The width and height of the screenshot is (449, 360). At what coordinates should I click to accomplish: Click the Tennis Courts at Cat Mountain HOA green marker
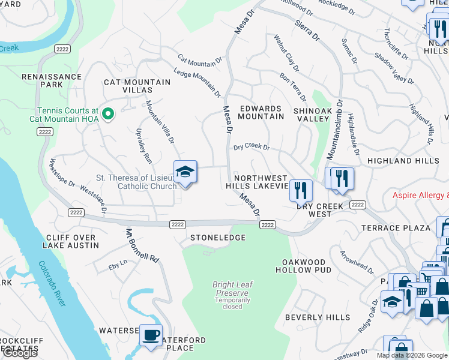[108, 113]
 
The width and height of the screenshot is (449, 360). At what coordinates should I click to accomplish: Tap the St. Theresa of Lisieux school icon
[185, 172]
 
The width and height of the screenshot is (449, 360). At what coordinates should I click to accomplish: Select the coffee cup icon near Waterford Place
[151, 334]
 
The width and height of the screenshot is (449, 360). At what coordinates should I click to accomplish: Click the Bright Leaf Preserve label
[232, 289]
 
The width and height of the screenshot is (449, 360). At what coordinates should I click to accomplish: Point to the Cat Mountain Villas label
[128, 86]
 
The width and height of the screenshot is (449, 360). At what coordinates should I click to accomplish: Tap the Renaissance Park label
[51, 80]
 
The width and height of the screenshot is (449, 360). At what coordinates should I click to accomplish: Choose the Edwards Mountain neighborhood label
[261, 112]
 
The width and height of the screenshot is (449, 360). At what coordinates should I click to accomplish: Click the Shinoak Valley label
[312, 115]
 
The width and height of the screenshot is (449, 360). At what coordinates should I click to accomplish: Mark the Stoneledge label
[218, 238]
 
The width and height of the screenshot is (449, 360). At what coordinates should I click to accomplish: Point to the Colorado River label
[52, 284]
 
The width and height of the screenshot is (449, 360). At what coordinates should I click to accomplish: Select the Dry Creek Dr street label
[252, 146]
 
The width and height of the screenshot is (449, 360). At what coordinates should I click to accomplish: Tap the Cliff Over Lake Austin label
[71, 242]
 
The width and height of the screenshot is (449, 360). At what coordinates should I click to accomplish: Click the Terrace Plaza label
[396, 228]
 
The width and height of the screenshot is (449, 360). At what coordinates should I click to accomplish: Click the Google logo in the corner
[20, 353]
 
